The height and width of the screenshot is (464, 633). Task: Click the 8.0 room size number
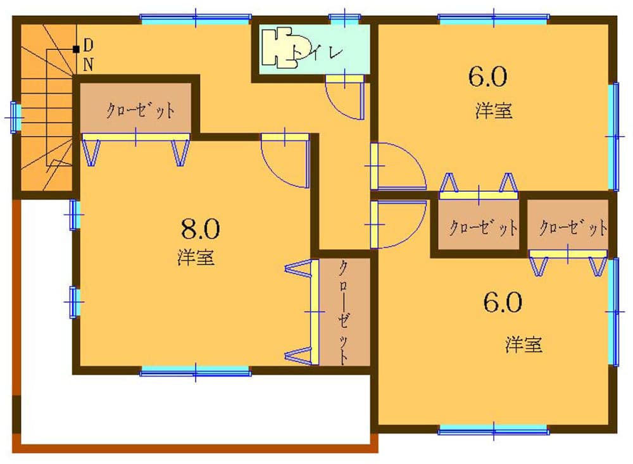click(x=200, y=228)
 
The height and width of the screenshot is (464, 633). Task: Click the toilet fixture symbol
click(x=282, y=46)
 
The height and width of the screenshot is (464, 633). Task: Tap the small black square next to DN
click(x=76, y=49)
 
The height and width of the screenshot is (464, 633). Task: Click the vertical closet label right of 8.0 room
click(x=342, y=311)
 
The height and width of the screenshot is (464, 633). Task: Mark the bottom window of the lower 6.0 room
click(x=494, y=432)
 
